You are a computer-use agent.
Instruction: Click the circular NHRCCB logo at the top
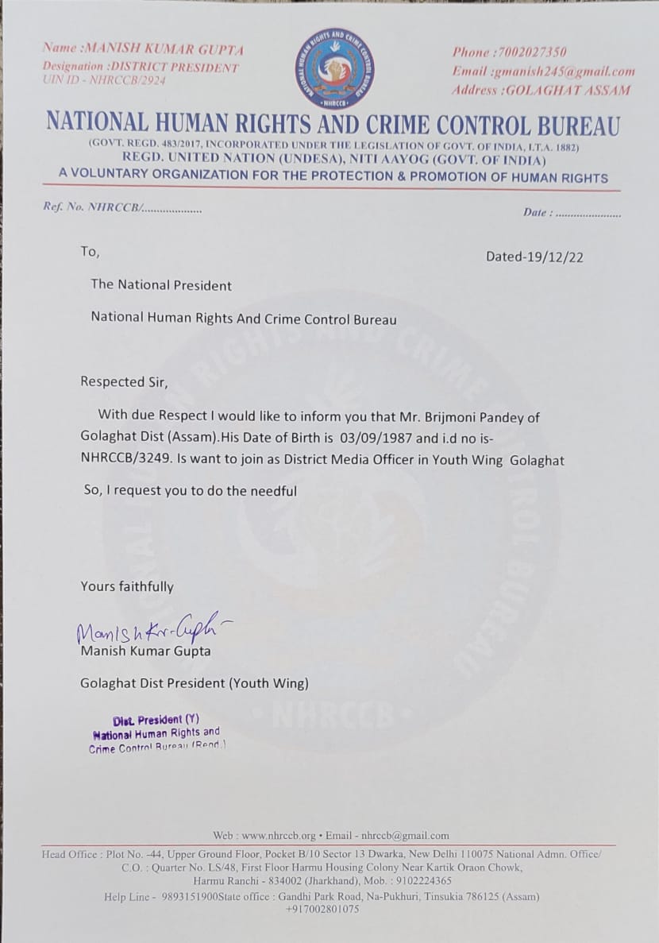coord(335,68)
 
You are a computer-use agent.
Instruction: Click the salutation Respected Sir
coord(125,381)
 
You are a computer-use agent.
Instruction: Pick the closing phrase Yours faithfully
coord(127,587)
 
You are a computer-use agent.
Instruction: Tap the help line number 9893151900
coord(196,896)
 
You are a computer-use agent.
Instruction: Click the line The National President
coord(161,284)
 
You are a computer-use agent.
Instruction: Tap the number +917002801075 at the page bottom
coord(322,909)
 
